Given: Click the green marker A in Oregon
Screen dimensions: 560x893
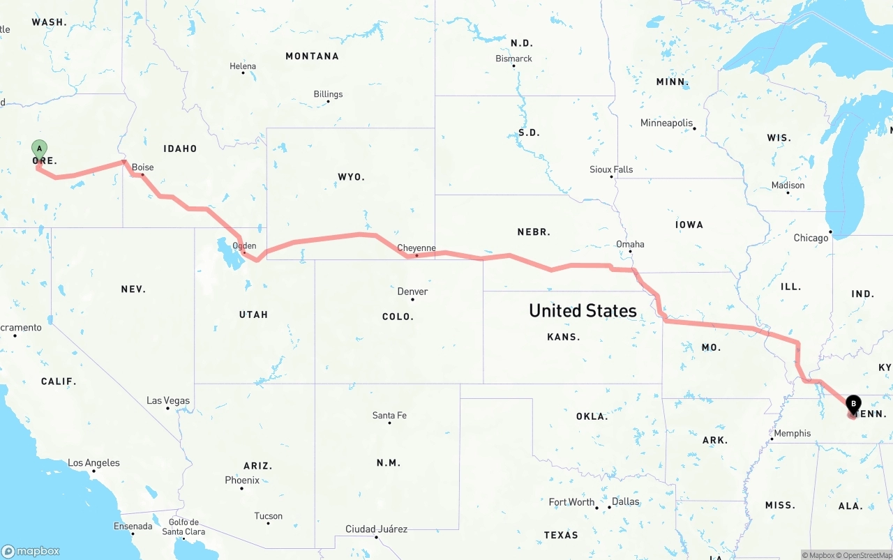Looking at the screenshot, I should click(40, 149).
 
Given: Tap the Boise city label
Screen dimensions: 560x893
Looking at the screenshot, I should click(143, 167).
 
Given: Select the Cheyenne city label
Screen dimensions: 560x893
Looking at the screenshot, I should click(417, 248).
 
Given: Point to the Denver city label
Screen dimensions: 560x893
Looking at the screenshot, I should click(412, 292).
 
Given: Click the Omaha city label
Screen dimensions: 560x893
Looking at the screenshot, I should click(630, 244).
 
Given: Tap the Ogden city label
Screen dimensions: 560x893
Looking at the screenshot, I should click(244, 245).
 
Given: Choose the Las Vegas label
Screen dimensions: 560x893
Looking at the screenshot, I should click(167, 400).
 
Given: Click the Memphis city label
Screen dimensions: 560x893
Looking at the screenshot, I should click(793, 433).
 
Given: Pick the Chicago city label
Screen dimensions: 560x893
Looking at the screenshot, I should click(811, 238).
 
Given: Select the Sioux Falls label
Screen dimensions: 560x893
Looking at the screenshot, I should click(611, 169).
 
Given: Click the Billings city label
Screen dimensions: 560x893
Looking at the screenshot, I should click(328, 94).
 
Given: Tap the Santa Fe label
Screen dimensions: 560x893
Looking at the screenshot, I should click(389, 416).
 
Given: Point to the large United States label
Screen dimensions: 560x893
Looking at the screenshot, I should click(583, 310).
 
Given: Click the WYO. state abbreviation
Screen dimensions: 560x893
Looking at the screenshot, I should click(351, 177).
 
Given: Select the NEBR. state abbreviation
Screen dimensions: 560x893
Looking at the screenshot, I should click(534, 232).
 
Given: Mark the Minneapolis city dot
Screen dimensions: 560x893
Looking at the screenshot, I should click(694, 128).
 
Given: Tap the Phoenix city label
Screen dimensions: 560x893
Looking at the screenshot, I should click(242, 480).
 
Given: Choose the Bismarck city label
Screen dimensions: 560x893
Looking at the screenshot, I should click(513, 59).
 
